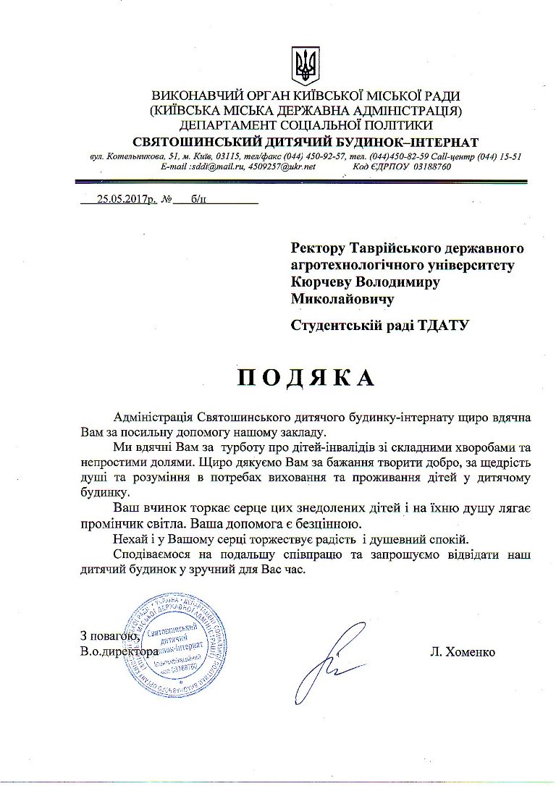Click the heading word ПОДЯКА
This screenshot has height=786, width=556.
308,377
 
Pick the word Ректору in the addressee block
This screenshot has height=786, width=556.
317,249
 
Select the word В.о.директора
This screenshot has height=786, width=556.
119,652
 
